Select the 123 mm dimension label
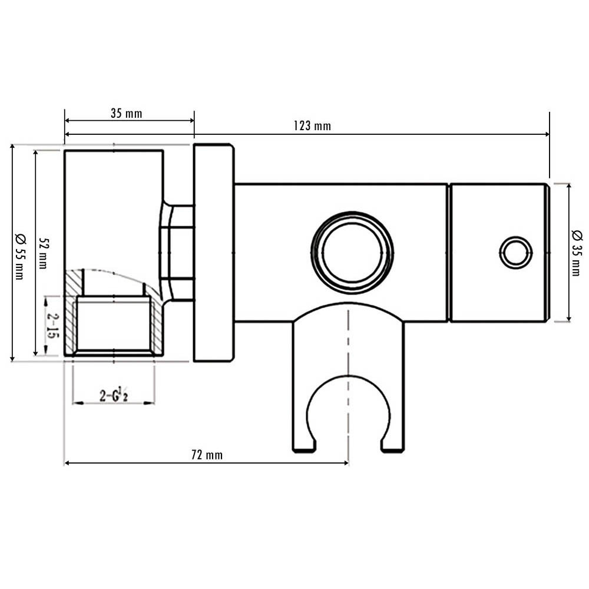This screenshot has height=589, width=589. click(x=312, y=126)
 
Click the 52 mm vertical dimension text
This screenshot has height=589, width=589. click(x=42, y=253)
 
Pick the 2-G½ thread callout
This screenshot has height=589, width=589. click(x=114, y=395)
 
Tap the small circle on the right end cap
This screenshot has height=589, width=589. click(x=515, y=253)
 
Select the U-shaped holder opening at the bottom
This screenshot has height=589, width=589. click(x=348, y=412)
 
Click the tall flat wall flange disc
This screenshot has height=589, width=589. click(x=213, y=253)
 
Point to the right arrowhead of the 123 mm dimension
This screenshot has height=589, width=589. click(x=546, y=134)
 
